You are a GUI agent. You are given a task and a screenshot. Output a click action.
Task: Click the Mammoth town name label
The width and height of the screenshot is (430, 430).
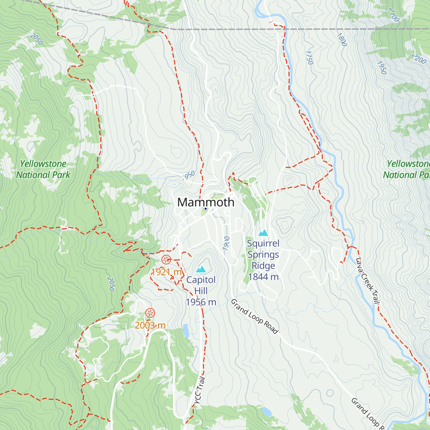(x=206, y=202)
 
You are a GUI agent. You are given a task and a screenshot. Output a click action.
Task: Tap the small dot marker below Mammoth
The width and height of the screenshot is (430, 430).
(x=206, y=209)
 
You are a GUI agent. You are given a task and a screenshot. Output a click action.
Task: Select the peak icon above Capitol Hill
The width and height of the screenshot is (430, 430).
(x=201, y=269)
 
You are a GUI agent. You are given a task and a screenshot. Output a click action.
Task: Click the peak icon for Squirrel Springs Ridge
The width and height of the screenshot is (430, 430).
(x=263, y=233)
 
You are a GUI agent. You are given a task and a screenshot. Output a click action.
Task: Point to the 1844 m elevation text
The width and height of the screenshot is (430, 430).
(x=263, y=277)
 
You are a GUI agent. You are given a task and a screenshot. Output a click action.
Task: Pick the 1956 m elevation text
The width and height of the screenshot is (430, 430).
(x=201, y=302)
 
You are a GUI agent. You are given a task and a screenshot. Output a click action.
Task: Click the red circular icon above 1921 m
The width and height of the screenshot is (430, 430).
(x=166, y=260)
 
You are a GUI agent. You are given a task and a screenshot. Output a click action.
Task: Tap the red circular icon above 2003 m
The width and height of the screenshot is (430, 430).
(x=150, y=313)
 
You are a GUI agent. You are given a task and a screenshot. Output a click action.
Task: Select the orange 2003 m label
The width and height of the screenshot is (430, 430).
(x=150, y=325)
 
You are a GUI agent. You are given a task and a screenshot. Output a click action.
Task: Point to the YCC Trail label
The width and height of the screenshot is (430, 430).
(x=200, y=391)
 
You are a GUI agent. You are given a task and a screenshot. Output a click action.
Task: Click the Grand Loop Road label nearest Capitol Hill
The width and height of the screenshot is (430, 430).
(x=254, y=316)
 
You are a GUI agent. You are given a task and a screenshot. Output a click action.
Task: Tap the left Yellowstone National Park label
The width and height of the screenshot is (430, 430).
(x=43, y=169)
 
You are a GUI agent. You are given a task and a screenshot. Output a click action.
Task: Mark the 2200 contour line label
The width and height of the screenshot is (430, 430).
(x=419, y=58)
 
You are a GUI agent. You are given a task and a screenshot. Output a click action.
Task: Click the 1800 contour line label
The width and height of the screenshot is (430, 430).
(x=341, y=39)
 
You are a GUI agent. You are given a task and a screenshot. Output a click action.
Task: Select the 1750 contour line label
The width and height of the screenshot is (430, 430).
(x=309, y=57)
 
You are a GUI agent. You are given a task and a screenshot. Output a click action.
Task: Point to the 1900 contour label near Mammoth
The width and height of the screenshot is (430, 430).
(x=226, y=243)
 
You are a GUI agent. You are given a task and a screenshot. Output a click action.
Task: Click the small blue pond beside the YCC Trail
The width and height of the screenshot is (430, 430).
(x=186, y=331)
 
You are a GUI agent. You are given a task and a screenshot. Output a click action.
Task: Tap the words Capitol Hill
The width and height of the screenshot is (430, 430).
(x=201, y=285)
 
